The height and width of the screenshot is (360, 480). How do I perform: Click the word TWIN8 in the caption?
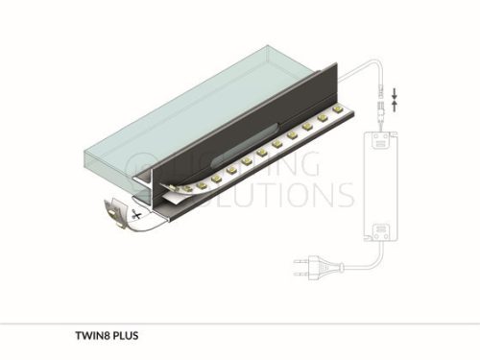pyautogui.click(x=91, y=336)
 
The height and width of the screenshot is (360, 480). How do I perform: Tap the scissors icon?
pyautogui.click(x=136, y=214)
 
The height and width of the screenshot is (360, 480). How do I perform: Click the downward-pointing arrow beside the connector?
pyautogui.click(x=395, y=93)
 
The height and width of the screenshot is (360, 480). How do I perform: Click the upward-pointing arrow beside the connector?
pyautogui.click(x=395, y=106)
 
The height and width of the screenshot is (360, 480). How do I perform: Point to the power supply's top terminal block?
pyautogui.click(x=380, y=140)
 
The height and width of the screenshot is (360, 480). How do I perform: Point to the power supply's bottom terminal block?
pyautogui.click(x=380, y=232)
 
